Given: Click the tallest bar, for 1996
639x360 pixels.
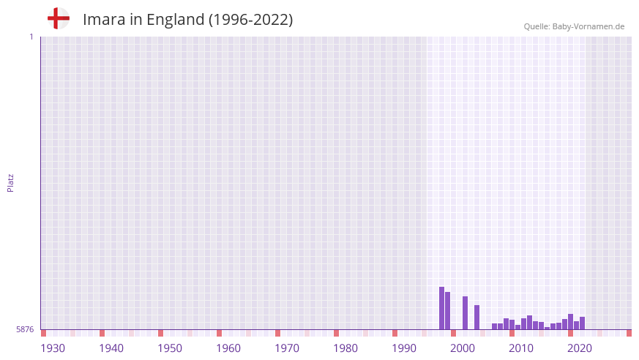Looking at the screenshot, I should pos(441,308).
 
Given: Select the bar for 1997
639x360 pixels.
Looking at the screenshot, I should pos(447,311).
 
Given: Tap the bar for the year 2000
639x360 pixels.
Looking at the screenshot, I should pos(465,313).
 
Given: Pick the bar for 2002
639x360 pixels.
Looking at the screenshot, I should pos(477,318).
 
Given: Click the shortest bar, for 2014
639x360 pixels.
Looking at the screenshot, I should pos(547,328).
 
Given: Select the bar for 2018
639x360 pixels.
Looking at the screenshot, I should pos(570,322).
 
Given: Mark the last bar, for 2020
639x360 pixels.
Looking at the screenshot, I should pos(582,323).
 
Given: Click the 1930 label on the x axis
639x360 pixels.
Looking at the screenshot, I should pos(53,348).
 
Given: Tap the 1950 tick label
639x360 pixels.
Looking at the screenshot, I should pos(170,348).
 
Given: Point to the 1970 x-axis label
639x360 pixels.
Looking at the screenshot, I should pos(287,348).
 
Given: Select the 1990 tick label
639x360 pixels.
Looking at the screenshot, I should pos(404,348).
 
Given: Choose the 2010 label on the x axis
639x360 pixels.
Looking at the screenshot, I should pos(521,348).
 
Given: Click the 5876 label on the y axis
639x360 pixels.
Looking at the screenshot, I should pos(25,330).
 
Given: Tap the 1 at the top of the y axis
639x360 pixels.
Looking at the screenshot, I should pos(31,37).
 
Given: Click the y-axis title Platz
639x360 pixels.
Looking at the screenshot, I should pos(10,182).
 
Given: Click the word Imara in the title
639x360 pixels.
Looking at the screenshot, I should pos(104,20).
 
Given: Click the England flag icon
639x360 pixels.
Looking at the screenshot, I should pos(59,19).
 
